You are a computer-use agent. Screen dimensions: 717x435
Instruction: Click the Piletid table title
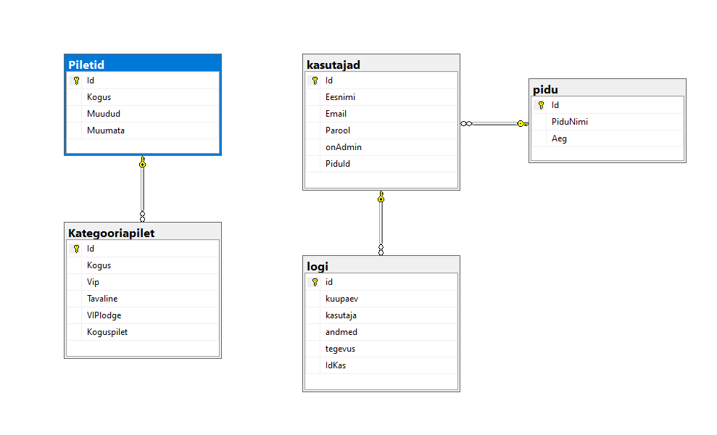(x=86, y=65)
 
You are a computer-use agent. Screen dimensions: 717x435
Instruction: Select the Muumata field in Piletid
(x=106, y=130)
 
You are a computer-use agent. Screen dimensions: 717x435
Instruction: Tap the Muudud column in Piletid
(x=104, y=113)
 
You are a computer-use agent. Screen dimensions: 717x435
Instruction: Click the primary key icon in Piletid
(x=76, y=80)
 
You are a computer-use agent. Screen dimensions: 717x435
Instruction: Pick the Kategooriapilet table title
(x=112, y=233)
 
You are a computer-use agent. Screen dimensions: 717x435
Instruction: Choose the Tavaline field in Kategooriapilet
(x=102, y=299)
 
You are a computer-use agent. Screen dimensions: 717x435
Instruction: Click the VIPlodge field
(x=104, y=315)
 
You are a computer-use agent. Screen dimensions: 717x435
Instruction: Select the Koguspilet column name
(x=107, y=332)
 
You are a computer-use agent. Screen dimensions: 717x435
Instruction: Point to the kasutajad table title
(x=333, y=65)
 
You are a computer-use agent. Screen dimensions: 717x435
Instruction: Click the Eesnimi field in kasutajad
(x=340, y=97)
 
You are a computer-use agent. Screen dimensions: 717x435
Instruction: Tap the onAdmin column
(x=344, y=147)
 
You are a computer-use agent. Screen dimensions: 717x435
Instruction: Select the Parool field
(x=338, y=130)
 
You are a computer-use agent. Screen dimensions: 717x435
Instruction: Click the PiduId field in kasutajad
(x=338, y=164)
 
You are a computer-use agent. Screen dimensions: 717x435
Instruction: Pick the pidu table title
(x=545, y=90)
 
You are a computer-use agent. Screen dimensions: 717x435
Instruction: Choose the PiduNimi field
(x=570, y=122)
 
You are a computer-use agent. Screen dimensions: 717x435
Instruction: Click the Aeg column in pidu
(x=559, y=138)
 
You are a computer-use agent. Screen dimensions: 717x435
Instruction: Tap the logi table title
(x=318, y=267)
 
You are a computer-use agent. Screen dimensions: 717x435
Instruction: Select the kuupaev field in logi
(x=342, y=299)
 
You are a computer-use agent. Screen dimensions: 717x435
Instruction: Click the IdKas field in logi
(x=336, y=365)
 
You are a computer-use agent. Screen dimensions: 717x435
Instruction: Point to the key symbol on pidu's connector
(x=523, y=123)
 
